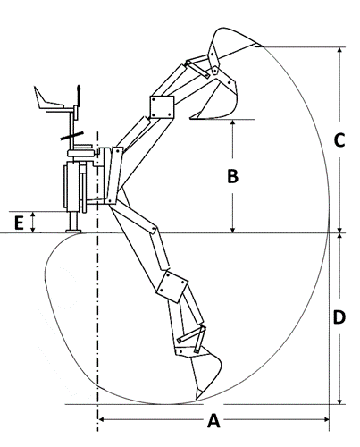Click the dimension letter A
pos(213,420)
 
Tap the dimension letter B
pos(232,176)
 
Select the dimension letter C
pos(339,140)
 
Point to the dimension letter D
pos(339,317)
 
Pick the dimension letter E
pos(19,223)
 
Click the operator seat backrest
pos(38,97)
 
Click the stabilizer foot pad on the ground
pos(73,231)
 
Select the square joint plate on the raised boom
pos(162,107)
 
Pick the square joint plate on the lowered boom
pos(172,286)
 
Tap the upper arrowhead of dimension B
pos(233,123)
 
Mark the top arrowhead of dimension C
pos(339,51)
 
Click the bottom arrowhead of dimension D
pos(339,401)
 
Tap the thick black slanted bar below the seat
pos(72,136)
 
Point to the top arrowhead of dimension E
pos(33,215)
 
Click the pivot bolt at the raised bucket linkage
pos(214,71)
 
